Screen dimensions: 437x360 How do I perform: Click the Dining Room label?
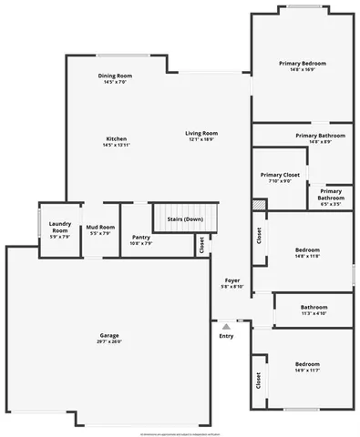tap(115, 76)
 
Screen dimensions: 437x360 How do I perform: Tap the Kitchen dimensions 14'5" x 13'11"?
tap(116, 145)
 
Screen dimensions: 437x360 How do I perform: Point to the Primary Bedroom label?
tap(303, 63)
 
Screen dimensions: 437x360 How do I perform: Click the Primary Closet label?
tap(280, 174)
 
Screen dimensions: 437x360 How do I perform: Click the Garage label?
tap(109, 336)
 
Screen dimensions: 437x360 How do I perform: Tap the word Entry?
tap(226, 336)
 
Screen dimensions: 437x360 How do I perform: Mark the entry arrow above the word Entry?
tap(226, 323)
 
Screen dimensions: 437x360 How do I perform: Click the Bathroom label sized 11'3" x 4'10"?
tap(314, 307)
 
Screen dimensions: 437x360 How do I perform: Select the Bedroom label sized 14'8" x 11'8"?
tap(307, 249)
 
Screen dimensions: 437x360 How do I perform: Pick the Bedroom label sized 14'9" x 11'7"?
tap(306, 364)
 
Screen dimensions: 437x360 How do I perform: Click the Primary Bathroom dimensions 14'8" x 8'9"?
tap(319, 141)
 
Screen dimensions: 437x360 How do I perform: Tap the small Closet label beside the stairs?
tap(201, 244)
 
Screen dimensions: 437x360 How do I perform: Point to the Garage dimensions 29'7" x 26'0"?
tap(109, 341)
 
